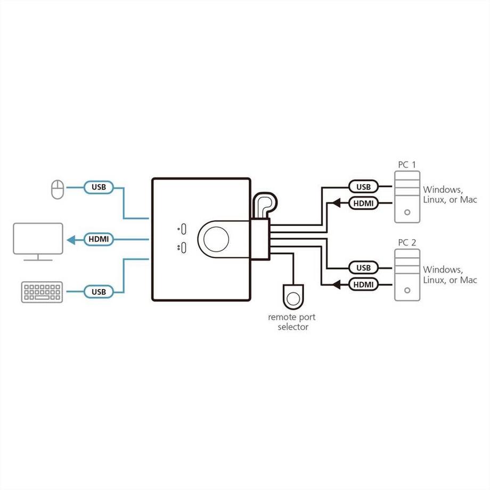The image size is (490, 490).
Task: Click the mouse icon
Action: (x=56, y=189)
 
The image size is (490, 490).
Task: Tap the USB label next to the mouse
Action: (x=99, y=187)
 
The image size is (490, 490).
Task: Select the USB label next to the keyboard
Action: (x=99, y=292)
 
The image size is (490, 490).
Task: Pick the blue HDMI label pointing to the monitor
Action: (x=99, y=240)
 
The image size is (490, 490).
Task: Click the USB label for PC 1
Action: (x=363, y=187)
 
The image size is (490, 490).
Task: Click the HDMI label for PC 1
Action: (x=363, y=203)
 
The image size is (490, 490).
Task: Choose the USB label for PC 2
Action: (x=363, y=268)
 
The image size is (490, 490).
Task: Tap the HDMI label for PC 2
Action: (x=363, y=285)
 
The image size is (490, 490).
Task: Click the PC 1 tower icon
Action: (x=407, y=197)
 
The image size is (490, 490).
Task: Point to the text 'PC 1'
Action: (x=407, y=165)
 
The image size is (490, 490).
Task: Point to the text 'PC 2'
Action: (x=407, y=243)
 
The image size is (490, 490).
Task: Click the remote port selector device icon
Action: (x=293, y=296)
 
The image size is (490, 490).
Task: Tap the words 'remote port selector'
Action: (x=293, y=322)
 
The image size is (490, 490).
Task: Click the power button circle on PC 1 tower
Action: (x=407, y=211)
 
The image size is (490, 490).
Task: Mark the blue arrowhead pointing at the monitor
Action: (x=70, y=240)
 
